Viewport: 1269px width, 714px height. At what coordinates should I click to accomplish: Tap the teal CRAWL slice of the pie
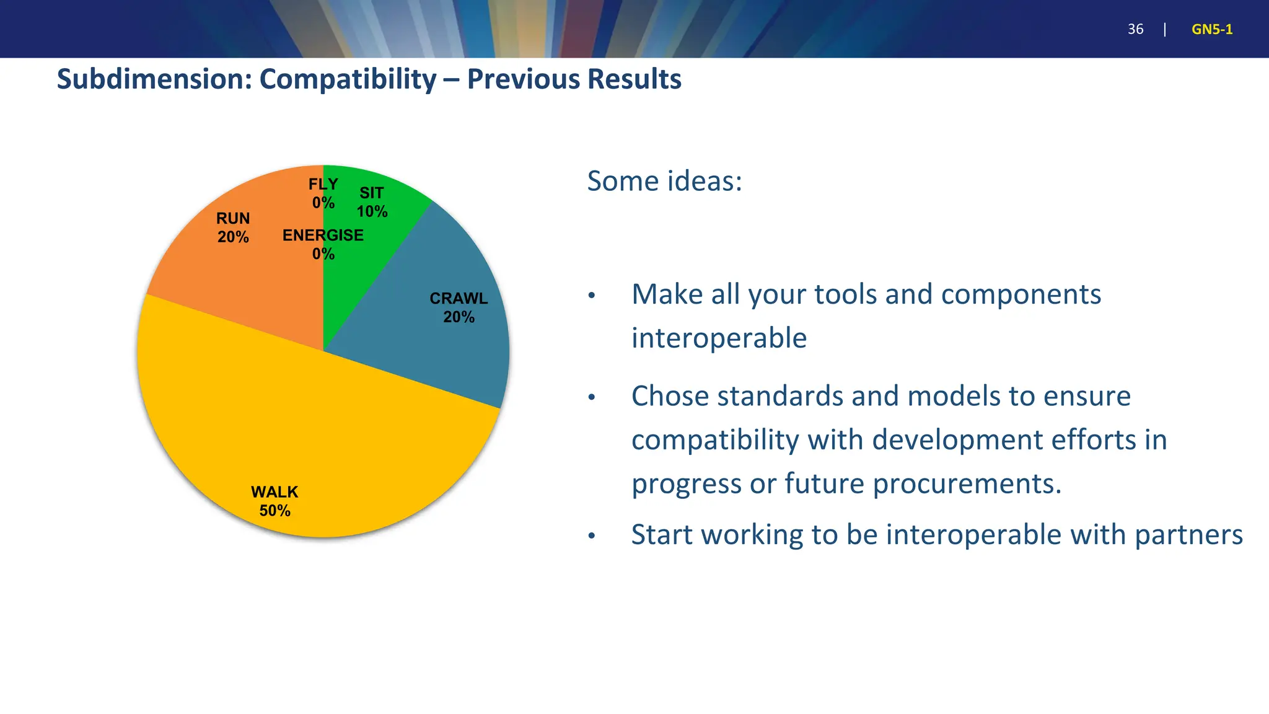pyautogui.click(x=446, y=347)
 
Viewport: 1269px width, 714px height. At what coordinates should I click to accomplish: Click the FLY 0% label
pyautogui.click(x=323, y=193)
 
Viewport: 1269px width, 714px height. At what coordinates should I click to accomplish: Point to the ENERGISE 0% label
pyautogui.click(x=323, y=244)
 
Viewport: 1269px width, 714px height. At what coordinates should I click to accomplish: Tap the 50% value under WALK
pyautogui.click(x=274, y=511)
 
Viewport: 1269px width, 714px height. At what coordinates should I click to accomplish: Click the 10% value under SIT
pyautogui.click(x=372, y=211)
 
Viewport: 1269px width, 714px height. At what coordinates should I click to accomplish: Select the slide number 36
pyautogui.click(x=1135, y=29)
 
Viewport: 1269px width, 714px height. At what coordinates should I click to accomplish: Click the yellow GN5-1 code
pyautogui.click(x=1211, y=29)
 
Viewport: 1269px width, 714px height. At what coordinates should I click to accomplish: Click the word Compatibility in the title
pyautogui.click(x=348, y=79)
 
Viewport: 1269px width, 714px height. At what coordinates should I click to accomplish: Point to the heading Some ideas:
pyautogui.click(x=664, y=181)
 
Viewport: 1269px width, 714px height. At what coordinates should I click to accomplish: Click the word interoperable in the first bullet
pyautogui.click(x=719, y=338)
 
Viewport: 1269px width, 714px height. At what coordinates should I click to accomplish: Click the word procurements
pyautogui.click(x=967, y=483)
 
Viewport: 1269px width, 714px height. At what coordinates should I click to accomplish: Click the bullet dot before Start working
pyautogui.click(x=592, y=535)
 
